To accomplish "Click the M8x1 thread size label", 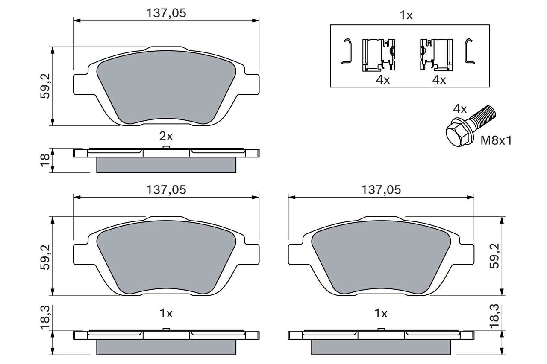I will tap(496, 140).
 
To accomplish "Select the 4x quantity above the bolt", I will tap(459, 109).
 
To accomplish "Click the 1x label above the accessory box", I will tap(406, 16).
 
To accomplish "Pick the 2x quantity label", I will tap(166, 136).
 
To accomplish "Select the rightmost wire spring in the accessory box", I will tap(469, 51).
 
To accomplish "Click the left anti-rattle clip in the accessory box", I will tap(378, 55).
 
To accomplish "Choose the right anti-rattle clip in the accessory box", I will tap(436, 55).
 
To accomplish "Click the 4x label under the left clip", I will tap(383, 80).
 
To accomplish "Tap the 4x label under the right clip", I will tap(439, 80).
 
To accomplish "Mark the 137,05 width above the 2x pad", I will tap(166, 13).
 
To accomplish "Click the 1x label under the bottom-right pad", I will tap(381, 314).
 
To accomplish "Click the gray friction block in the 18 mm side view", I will tap(166, 165).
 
